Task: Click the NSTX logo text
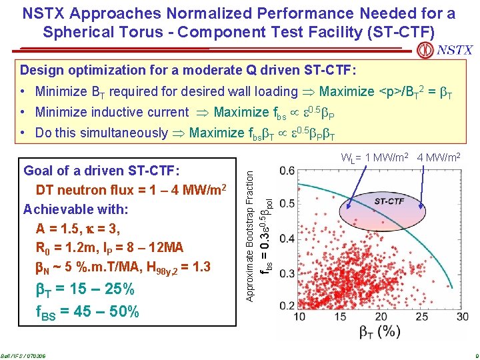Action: click(x=455, y=50)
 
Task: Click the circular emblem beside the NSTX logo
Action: click(x=424, y=50)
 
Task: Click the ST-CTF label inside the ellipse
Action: click(x=389, y=200)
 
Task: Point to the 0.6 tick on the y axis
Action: click(x=287, y=171)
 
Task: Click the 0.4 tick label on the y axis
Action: click(x=287, y=239)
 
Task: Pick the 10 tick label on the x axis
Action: click(x=301, y=316)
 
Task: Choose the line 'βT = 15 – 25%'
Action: click(x=84, y=289)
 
